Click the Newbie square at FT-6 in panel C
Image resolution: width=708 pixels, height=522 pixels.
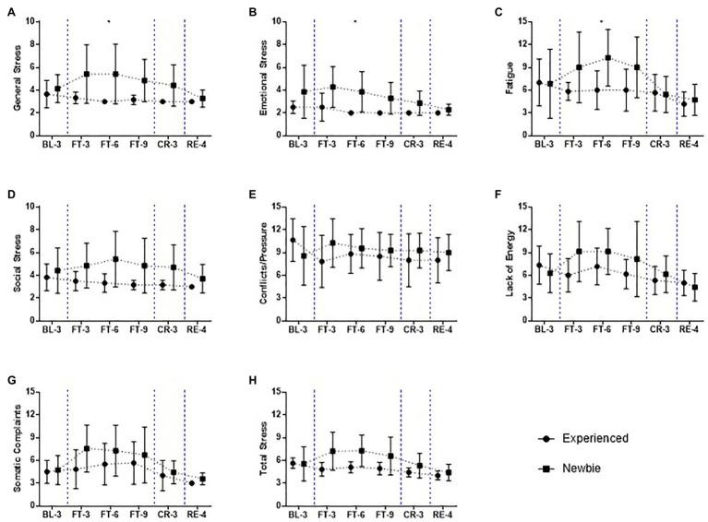click(607, 57)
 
